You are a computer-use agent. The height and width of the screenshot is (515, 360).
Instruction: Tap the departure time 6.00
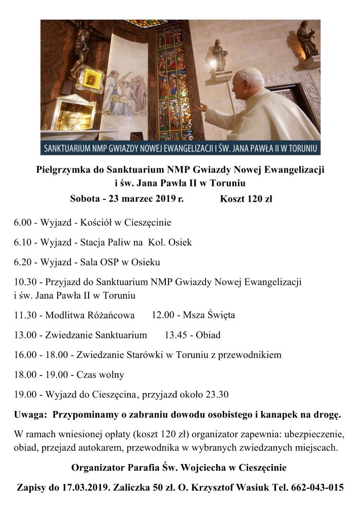pyautogui.click(x=23, y=223)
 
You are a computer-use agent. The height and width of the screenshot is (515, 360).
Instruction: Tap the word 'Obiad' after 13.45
pyautogui.click(x=208, y=335)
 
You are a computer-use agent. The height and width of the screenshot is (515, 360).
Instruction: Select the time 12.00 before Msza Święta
pyautogui.click(x=163, y=315)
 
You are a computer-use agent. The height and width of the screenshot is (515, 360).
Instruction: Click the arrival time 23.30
pyautogui.click(x=218, y=394)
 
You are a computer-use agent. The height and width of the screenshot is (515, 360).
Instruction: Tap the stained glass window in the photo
pyautogui.click(x=173, y=82)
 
